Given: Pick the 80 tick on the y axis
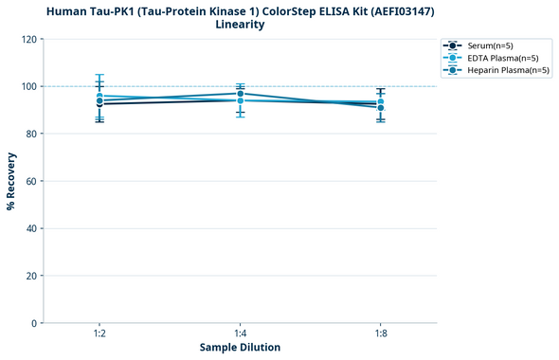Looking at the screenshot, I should click(30, 134).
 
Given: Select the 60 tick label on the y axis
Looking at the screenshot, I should click(30, 181).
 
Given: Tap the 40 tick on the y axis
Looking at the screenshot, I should click(30, 228).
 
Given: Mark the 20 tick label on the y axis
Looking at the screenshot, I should click(30, 276).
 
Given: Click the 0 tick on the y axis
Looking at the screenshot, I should click(33, 323).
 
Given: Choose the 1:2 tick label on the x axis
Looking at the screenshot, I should click(99, 334).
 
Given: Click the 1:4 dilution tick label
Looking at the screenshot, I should click(240, 334).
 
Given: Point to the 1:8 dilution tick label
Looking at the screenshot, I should click(380, 334).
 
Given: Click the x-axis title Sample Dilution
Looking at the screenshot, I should click(240, 348).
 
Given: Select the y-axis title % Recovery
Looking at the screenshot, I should click(11, 180).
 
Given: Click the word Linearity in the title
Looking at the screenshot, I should click(240, 25).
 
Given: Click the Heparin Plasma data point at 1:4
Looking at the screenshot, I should click(240, 93).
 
